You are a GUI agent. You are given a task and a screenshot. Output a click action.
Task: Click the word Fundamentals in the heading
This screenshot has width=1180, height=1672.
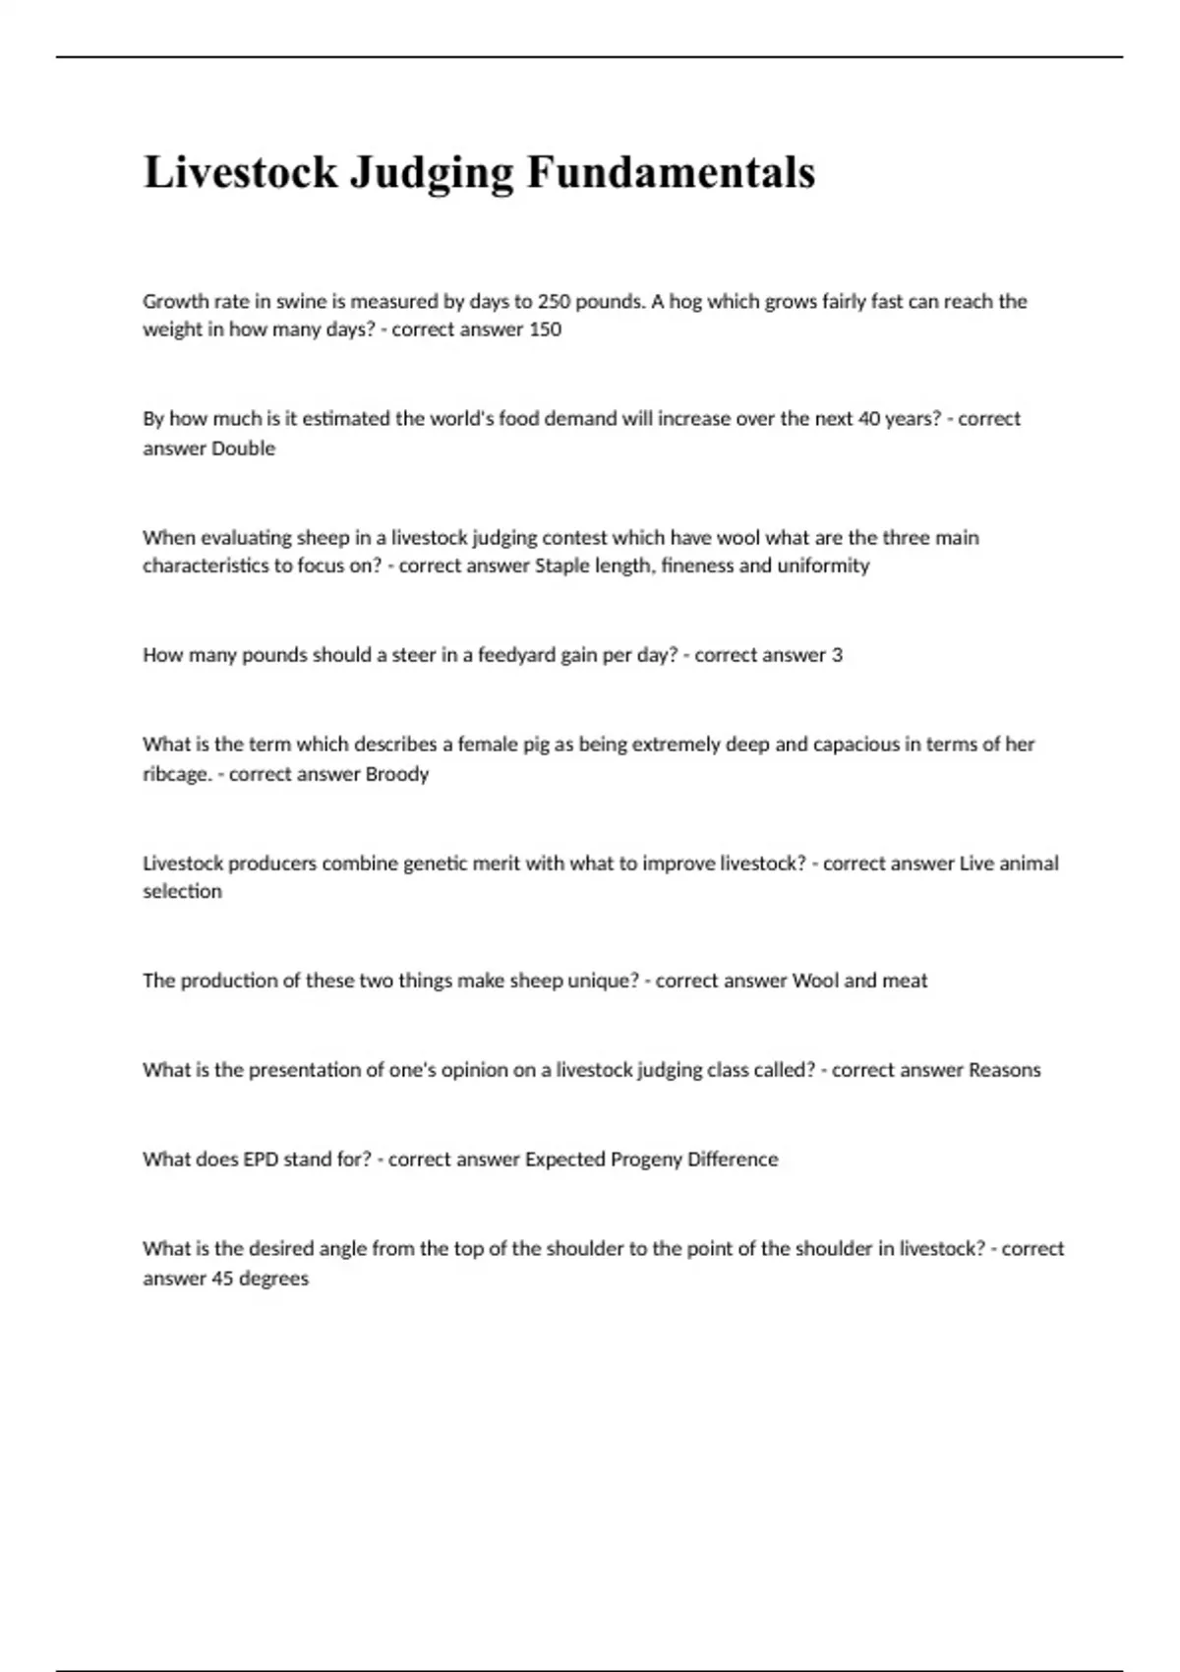671,173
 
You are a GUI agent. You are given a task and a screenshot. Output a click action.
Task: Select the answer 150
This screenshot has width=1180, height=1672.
545,329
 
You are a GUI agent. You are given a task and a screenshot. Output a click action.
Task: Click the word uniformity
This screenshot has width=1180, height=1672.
823,566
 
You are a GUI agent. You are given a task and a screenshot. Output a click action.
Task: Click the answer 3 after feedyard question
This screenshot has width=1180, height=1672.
837,655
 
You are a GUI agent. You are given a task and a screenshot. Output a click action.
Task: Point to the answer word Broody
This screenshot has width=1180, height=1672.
397,774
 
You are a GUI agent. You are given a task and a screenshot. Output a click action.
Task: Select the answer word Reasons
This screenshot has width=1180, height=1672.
1004,1070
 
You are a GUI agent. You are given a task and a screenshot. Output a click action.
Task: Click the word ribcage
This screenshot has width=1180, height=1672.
176,774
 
